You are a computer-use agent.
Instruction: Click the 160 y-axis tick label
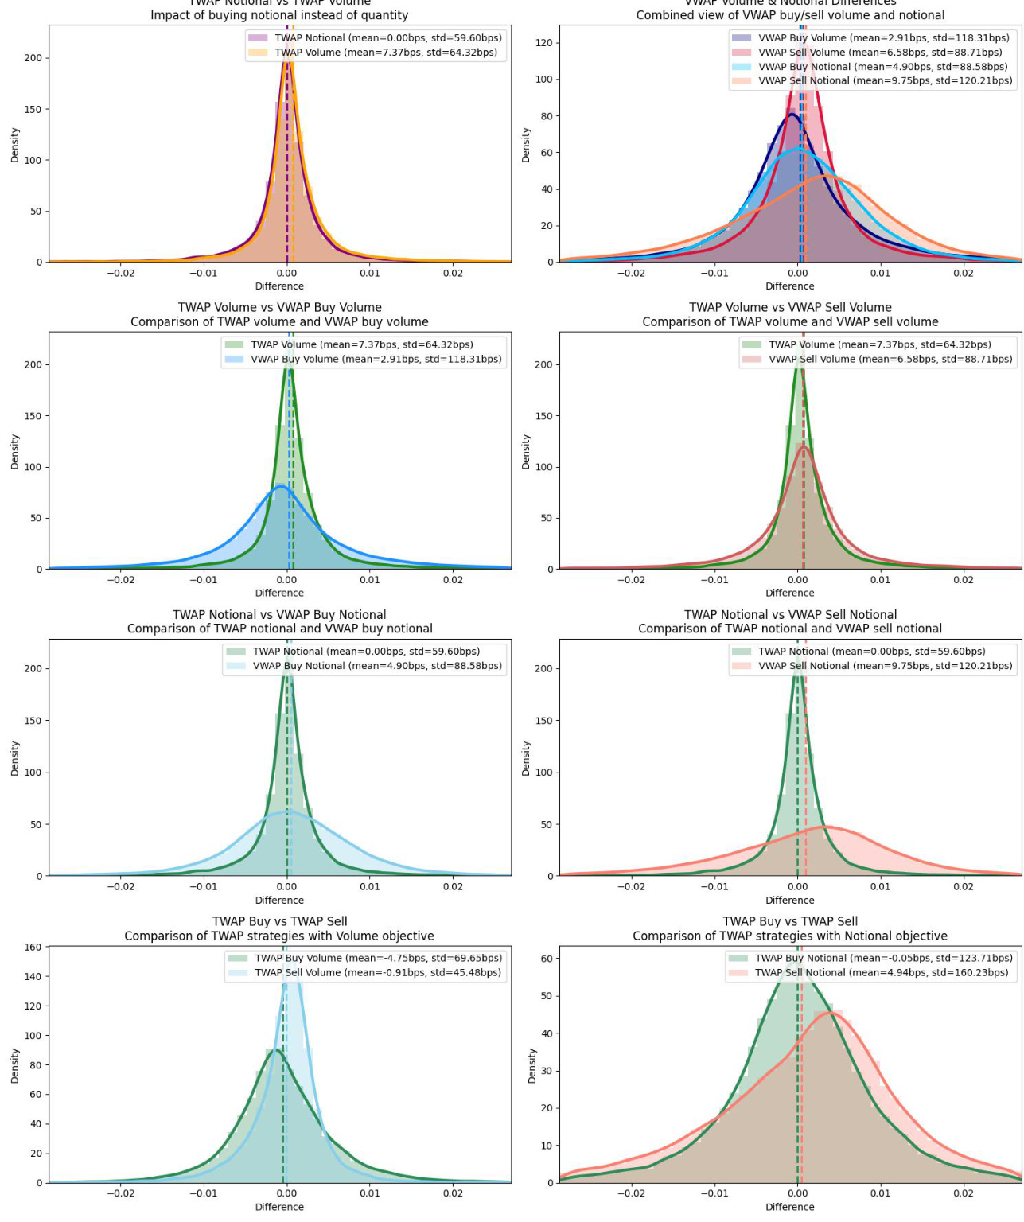tap(33, 948)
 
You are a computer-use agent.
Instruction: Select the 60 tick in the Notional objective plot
tap(547, 959)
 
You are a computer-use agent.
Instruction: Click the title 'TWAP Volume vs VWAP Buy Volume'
tap(279, 308)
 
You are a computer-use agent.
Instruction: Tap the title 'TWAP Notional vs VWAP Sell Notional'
tap(790, 615)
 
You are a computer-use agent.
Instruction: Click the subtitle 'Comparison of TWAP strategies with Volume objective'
tap(279, 936)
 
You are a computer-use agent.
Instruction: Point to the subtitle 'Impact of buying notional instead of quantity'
tap(279, 15)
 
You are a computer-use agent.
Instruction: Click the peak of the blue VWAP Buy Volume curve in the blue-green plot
tap(281, 486)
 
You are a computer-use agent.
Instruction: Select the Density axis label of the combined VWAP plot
tap(526, 145)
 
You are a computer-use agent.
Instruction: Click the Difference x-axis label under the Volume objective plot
tap(279, 1207)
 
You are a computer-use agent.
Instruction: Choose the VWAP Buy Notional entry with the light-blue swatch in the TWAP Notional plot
tap(377, 666)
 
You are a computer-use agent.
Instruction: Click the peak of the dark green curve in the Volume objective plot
tap(275, 1050)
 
